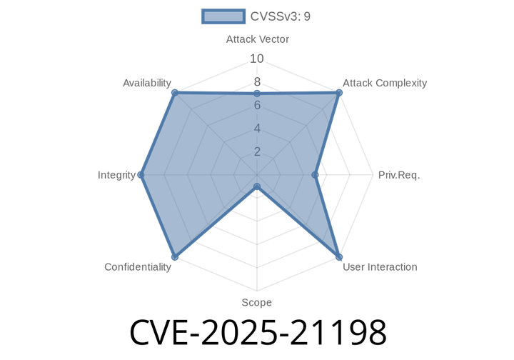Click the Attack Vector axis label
pyautogui.click(x=257, y=39)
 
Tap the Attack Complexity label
pyautogui.click(x=384, y=83)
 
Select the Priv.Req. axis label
pyautogui.click(x=398, y=175)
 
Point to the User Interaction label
pyautogui.click(x=379, y=267)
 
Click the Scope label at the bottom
pyautogui.click(x=256, y=303)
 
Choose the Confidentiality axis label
pyautogui.click(x=137, y=267)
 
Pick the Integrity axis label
pyautogui.click(x=116, y=175)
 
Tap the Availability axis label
pyautogui.click(x=146, y=83)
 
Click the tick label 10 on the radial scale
pyautogui.click(x=257, y=59)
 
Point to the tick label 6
pyautogui.click(x=257, y=105)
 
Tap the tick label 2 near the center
pyautogui.click(x=257, y=151)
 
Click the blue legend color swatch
pyautogui.click(x=223, y=16)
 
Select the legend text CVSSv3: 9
pyautogui.click(x=281, y=16)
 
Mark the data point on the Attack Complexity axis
pyautogui.click(x=340, y=91)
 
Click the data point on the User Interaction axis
pyautogui.click(x=340, y=258)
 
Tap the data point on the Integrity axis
pyautogui.click(x=140, y=175)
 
